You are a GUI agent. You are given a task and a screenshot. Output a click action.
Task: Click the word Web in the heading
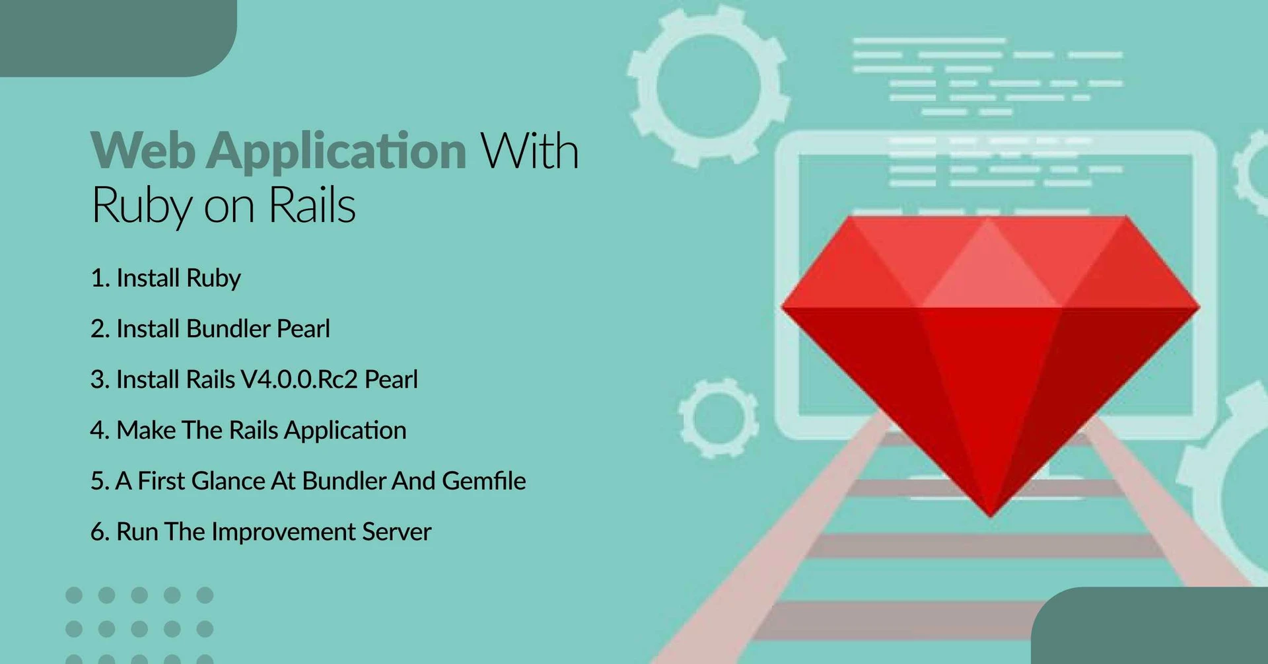[x=143, y=151]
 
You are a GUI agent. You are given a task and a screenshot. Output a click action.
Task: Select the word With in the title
[x=530, y=151]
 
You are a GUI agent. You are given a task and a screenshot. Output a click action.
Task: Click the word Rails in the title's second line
[x=312, y=205]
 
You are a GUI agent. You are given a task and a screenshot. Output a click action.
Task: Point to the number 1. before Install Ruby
[x=100, y=278]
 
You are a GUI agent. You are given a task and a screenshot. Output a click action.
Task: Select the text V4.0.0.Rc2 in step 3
[x=299, y=379]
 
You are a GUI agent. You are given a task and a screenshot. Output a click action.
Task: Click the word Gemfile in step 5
[x=484, y=481]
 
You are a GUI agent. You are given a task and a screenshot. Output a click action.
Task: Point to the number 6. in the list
[x=100, y=532]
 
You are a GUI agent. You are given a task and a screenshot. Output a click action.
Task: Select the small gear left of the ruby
[x=719, y=418]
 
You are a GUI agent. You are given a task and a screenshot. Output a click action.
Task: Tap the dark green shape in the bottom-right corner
[x=1156, y=628]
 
